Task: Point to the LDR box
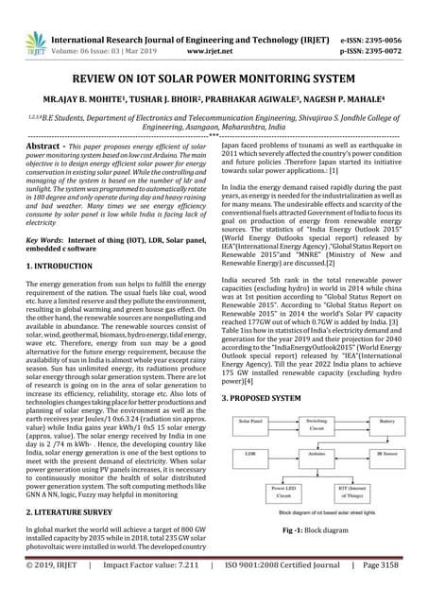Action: pyautogui.click(x=249, y=454)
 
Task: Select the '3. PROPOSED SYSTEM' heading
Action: pyautogui.click(x=262, y=399)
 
